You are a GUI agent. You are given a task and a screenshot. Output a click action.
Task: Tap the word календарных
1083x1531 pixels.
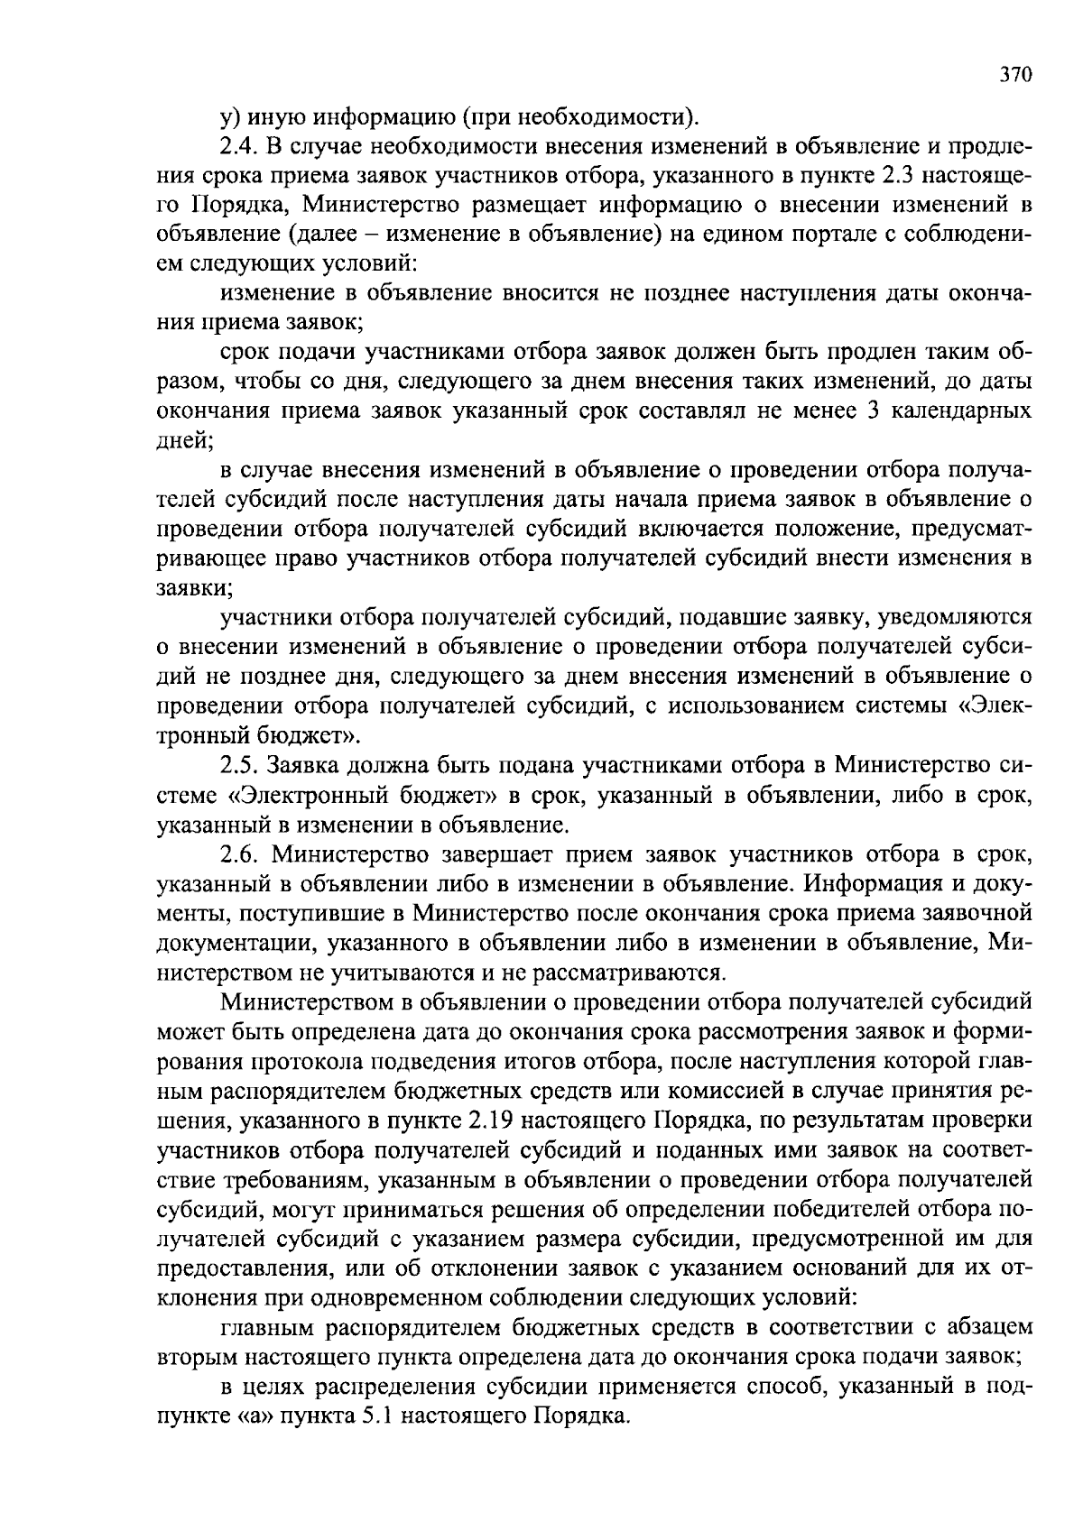point(967,411)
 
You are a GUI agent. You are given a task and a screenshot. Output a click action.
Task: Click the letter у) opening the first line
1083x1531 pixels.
point(228,117)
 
